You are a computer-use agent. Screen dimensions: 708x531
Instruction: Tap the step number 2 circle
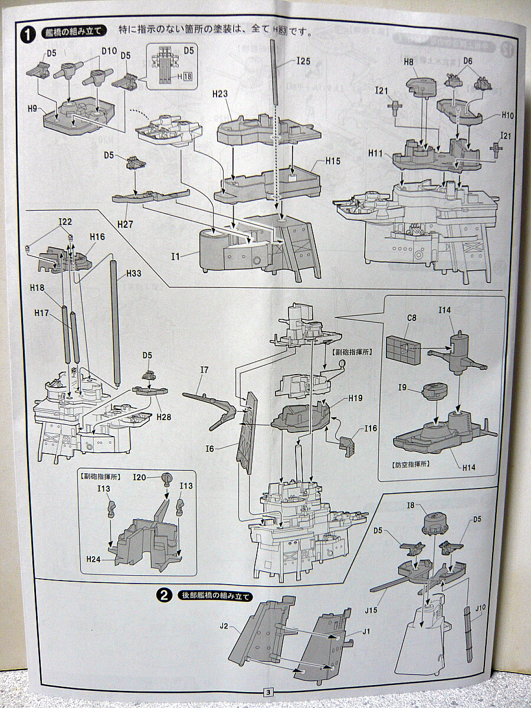point(164,595)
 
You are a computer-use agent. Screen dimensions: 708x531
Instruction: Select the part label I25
point(303,61)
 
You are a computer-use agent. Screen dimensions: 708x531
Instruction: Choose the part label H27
point(125,224)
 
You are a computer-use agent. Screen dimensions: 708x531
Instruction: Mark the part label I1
point(176,256)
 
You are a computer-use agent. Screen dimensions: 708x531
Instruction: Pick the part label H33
point(134,273)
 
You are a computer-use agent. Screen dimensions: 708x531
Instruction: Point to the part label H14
point(469,467)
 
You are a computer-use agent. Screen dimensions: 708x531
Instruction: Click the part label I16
point(371,428)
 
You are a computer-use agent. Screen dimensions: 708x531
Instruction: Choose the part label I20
point(140,477)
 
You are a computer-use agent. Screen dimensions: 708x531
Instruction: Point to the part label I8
point(411,505)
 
